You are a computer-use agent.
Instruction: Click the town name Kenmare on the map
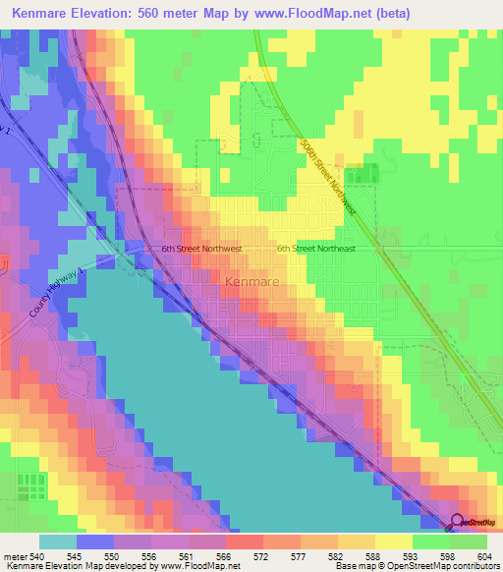coord(253,281)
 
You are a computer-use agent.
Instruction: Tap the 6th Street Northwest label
coord(201,250)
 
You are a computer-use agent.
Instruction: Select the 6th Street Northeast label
coord(315,250)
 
